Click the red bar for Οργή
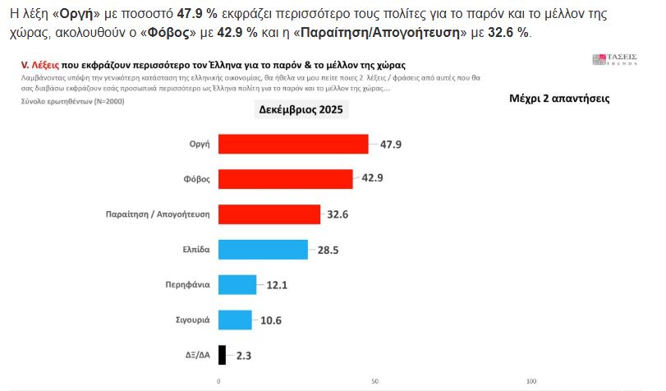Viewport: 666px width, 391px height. coord(293,144)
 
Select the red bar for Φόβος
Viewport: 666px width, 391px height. coord(285,179)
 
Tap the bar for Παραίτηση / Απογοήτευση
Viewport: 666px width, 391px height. coord(269,214)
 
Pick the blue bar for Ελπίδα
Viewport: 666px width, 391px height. coord(263,250)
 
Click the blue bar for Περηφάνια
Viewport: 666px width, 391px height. coord(237,285)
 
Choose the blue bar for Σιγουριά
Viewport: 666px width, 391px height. coord(235,320)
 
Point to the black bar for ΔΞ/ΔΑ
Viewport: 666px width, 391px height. coord(222,355)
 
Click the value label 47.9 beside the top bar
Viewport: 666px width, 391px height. coord(392,144)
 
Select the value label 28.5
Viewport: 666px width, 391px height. coord(329,250)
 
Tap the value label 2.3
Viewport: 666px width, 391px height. coord(243,355)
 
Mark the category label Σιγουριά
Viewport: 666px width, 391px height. coord(191,320)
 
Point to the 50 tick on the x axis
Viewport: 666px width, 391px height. coord(374,382)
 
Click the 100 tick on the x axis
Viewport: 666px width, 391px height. coord(531,382)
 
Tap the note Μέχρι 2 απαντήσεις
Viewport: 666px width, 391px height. coord(558,97)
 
